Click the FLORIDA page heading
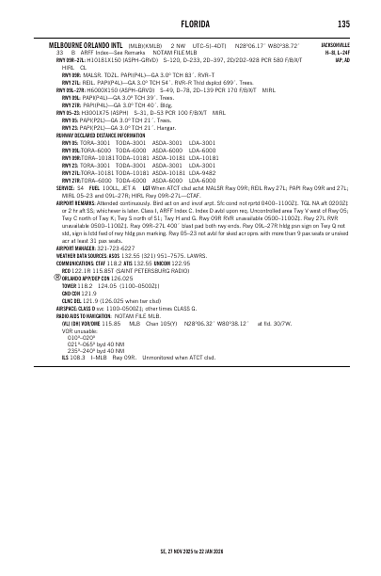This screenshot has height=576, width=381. (x=190, y=24)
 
